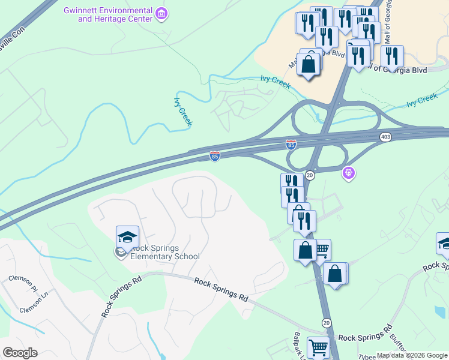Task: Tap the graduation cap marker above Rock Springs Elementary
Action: [127, 238]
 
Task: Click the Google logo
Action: [20, 352]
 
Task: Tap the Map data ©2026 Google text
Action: [412, 355]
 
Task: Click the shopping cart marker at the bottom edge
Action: [318, 347]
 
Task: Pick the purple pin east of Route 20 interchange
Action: [349, 173]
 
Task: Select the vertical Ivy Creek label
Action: [183, 112]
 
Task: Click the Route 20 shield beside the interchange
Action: [310, 175]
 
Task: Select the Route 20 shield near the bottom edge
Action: [326, 323]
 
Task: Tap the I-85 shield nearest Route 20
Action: [291, 145]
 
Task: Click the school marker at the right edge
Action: [444, 244]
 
